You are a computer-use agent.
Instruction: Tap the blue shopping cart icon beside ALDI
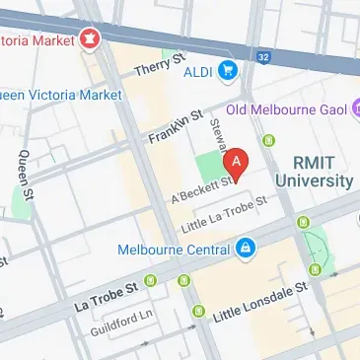click(x=229, y=69)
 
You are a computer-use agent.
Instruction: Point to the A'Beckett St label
click(x=202, y=188)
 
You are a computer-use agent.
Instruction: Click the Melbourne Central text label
click(x=174, y=249)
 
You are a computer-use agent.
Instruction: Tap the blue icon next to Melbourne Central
click(x=243, y=248)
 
